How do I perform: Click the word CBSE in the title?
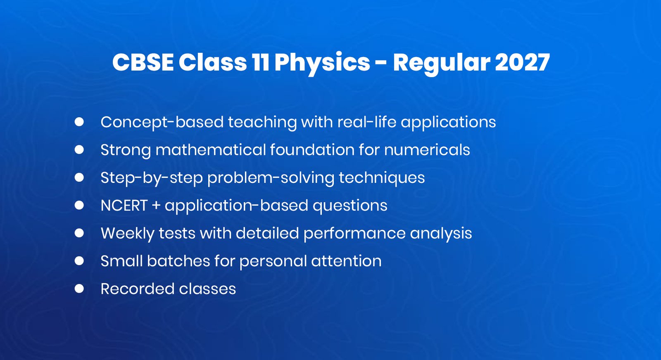(x=143, y=63)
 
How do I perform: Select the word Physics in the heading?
(x=322, y=63)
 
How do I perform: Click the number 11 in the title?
(x=260, y=63)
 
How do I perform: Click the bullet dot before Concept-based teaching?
(x=79, y=122)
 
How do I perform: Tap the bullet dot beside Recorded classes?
(x=79, y=289)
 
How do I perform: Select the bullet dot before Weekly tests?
(x=79, y=233)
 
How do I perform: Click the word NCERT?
(x=124, y=206)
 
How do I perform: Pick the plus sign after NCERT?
(x=156, y=206)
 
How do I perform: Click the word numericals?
(x=427, y=150)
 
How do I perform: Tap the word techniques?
(x=382, y=178)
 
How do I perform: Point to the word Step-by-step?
(x=152, y=178)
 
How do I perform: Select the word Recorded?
(x=137, y=289)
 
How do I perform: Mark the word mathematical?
(x=210, y=150)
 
